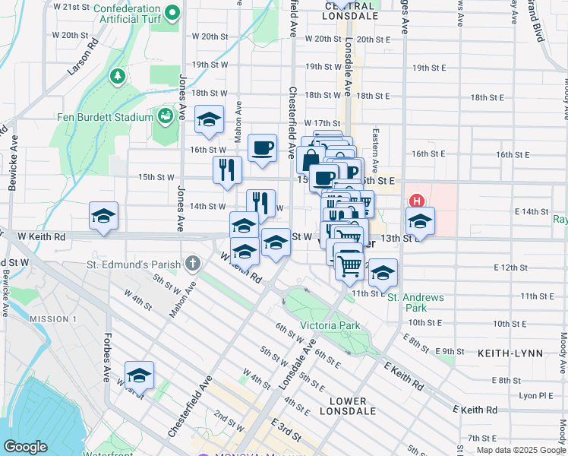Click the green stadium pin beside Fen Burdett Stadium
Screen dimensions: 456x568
point(164,116)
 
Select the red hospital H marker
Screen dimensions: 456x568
point(416,201)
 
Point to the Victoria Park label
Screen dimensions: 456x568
point(330,326)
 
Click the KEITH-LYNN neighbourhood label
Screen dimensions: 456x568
point(509,353)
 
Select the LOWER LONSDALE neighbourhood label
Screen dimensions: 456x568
point(349,406)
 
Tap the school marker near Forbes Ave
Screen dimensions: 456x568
point(139,375)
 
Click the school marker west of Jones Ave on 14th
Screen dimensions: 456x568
point(103,216)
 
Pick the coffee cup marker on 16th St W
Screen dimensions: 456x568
point(263,148)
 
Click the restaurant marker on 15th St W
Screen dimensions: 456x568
point(227,169)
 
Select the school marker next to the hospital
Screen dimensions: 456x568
point(420,221)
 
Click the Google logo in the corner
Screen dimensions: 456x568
point(25,447)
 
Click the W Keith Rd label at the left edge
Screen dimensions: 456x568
point(41,237)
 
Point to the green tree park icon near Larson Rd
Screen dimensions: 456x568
point(118,76)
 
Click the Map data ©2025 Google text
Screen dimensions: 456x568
point(521,450)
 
